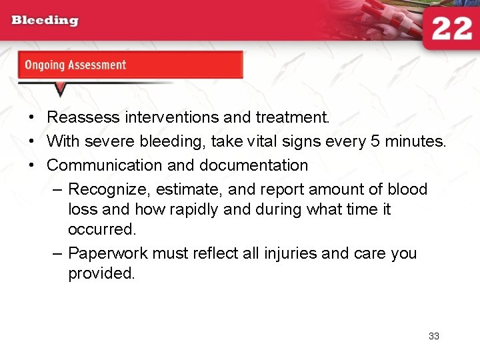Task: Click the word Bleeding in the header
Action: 45,20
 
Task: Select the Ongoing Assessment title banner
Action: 130,65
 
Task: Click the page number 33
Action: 434,336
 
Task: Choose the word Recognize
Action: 109,189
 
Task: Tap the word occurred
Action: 101,229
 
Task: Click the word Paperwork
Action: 108,253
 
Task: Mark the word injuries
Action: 287,253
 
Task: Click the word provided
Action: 101,273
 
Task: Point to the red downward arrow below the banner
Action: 60,89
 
